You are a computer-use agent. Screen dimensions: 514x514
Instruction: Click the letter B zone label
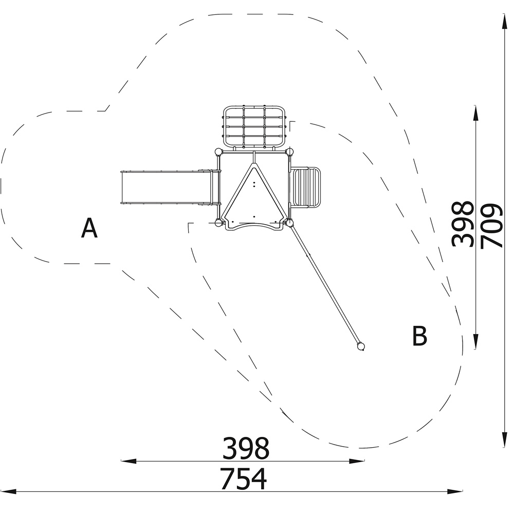[419, 336]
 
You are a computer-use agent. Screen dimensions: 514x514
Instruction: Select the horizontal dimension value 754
[244, 479]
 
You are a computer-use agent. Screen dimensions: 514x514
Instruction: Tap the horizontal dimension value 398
[246, 448]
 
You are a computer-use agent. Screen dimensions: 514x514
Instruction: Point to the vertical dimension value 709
[491, 226]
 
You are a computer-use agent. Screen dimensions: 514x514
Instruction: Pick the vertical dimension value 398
[463, 224]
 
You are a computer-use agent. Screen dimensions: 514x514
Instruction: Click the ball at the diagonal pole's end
[361, 346]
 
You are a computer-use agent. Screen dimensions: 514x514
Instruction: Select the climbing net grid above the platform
[255, 126]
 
